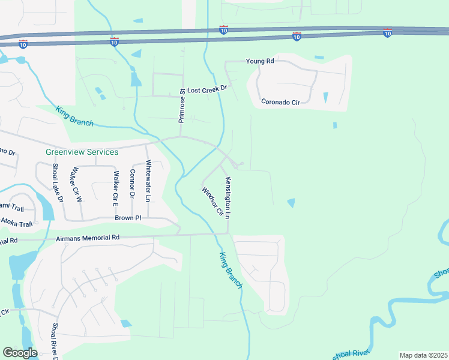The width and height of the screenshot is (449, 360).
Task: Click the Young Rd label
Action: pos(260,61)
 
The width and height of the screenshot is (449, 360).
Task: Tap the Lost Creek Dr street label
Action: pos(207,89)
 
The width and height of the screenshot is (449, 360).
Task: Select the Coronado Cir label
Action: pos(280,102)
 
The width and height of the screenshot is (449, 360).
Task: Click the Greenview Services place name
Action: pos(82,152)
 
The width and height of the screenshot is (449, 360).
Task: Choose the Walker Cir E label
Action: pos(115,185)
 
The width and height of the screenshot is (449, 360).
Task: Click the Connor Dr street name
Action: pos(132,184)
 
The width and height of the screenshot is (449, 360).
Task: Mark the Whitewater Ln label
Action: pos(148,181)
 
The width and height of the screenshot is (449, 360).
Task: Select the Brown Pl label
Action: pos(128,218)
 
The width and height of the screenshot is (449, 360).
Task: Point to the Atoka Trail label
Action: pos(16,223)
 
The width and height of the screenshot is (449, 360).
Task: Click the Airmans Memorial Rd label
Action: pos(88,238)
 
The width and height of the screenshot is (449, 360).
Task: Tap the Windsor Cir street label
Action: pos(212,202)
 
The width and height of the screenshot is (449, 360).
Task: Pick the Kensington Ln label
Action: pos(228,197)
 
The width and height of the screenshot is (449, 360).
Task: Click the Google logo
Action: pos(20,353)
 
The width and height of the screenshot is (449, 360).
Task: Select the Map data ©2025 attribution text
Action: pos(423,355)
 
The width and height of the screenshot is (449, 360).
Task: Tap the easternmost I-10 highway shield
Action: pos(387,33)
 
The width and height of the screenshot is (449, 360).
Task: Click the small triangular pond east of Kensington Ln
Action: pos(291,203)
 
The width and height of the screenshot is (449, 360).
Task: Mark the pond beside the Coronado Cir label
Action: pos(326,97)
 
